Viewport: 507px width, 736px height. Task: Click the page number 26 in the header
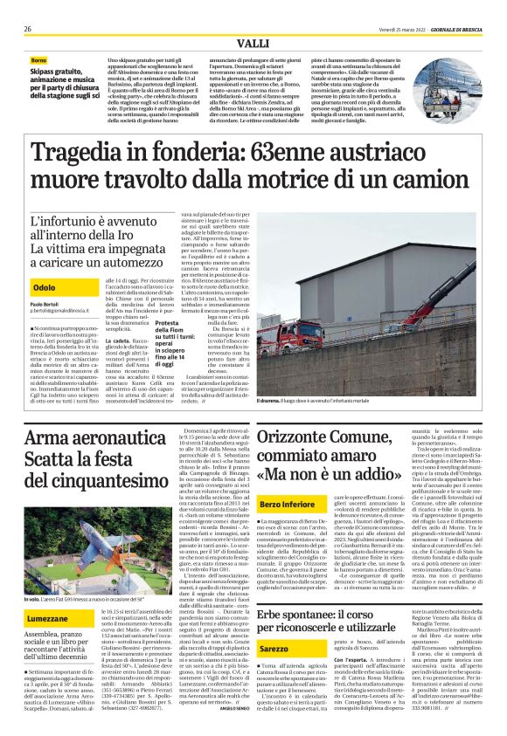[28, 29]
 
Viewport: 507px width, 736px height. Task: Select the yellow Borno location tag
[41, 59]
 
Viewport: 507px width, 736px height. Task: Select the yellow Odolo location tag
[43, 287]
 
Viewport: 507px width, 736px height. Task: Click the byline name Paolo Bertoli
[45, 305]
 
